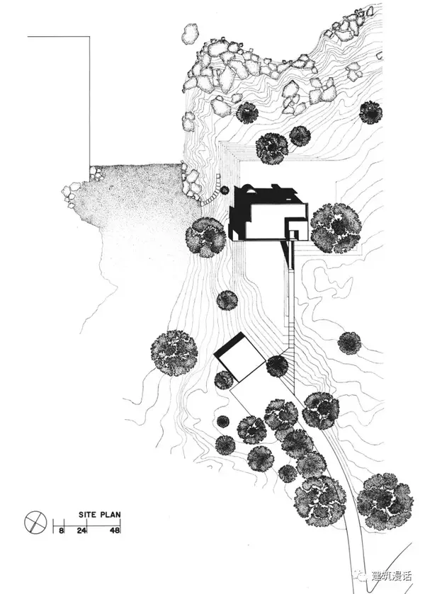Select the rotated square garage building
point(239,360)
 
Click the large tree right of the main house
point(336,228)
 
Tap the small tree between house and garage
point(227,300)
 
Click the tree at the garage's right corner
point(277,365)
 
